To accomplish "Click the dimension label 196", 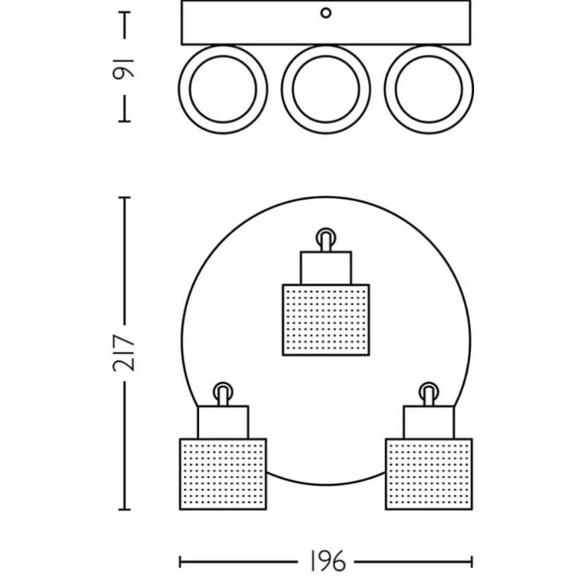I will click(x=327, y=561).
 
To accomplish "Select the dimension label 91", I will click(x=125, y=67).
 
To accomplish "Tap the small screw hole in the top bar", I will click(x=326, y=13).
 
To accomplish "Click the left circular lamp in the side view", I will click(x=223, y=89).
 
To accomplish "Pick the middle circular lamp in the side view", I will click(x=326, y=89).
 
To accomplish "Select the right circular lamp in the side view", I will click(x=429, y=89).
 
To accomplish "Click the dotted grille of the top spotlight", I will click(x=326, y=320).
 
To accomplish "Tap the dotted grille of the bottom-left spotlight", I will click(x=223, y=474).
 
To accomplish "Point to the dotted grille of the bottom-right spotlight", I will click(x=429, y=474).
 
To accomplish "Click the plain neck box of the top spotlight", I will click(x=326, y=268).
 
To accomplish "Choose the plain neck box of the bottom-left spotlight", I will click(x=223, y=422).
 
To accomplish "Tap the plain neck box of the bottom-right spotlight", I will click(x=429, y=422).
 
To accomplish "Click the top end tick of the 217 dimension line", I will click(x=125, y=198).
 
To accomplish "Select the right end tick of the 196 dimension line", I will click(x=471, y=561).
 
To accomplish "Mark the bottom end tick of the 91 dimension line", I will click(x=125, y=121).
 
